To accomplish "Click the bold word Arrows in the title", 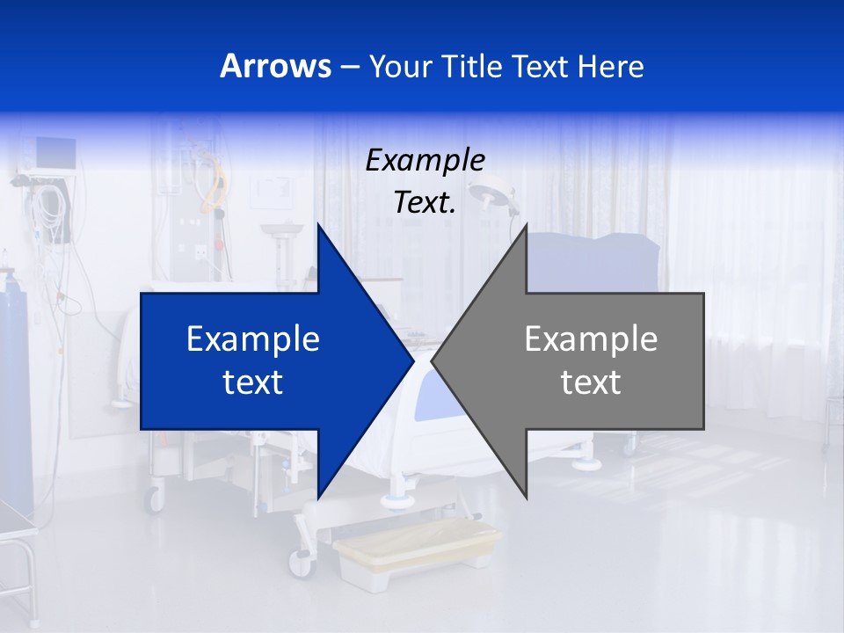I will click(x=276, y=66).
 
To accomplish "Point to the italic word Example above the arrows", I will click(x=425, y=160).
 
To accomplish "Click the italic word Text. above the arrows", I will click(x=425, y=203).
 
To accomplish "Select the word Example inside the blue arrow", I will click(x=253, y=338).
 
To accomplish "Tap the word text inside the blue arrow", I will click(x=253, y=382).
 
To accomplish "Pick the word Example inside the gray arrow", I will click(x=591, y=338).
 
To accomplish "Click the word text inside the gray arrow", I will click(x=591, y=382).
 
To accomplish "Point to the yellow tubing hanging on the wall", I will click(x=214, y=180).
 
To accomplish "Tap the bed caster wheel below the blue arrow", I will click(x=155, y=499).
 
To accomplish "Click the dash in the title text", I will click(x=348, y=68).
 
